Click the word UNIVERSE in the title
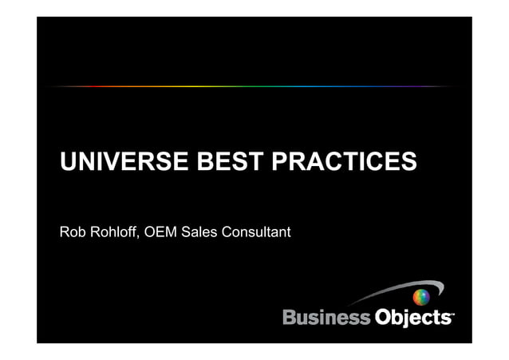pyautogui.click(x=124, y=163)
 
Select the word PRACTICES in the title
pyautogui.click(x=345, y=163)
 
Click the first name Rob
pyautogui.click(x=72, y=232)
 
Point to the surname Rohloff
pyautogui.click(x=112, y=232)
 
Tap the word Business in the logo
pyautogui.click(x=326, y=318)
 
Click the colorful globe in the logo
pyautogui.click(x=421, y=298)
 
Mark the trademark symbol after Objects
pyautogui.click(x=453, y=313)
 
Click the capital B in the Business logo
pyautogui.click(x=290, y=318)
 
